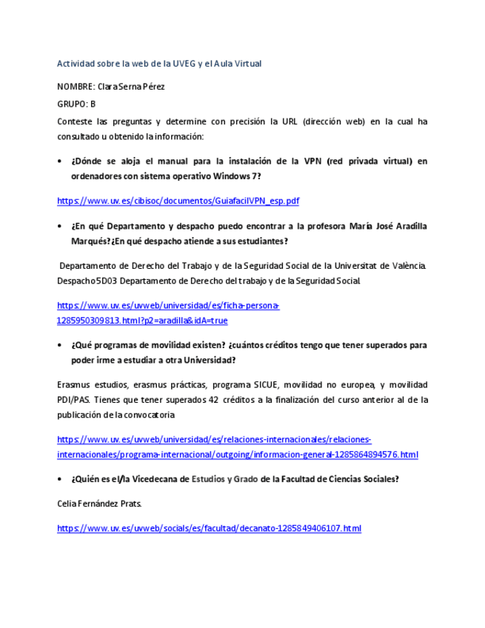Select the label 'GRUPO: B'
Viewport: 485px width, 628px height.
click(76, 104)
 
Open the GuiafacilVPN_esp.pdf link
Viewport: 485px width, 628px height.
click(178, 201)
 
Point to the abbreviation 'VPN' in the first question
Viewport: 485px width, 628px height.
click(310, 161)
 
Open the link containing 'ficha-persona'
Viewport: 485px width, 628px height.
click(168, 305)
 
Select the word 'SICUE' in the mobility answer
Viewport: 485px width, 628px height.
click(267, 385)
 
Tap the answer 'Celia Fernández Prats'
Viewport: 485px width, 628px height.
click(99, 504)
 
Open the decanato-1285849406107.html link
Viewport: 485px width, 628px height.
click(209, 528)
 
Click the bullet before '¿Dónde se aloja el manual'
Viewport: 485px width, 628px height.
click(59, 161)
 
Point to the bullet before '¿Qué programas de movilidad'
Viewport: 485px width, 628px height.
click(59, 345)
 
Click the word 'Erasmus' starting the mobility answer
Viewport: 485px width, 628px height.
click(73, 385)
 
